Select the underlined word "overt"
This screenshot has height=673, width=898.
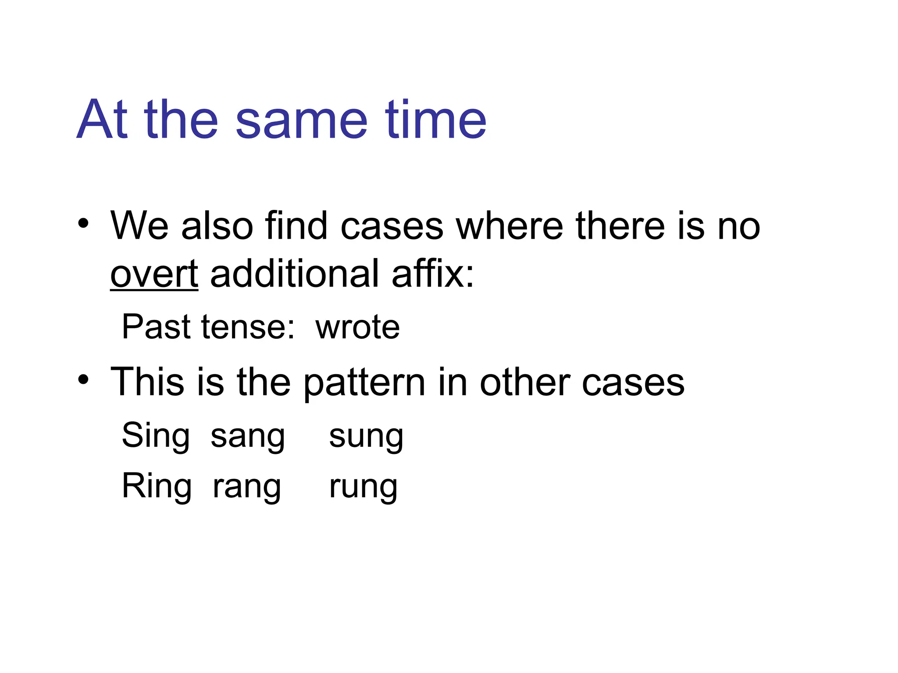154,274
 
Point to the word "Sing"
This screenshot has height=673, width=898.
156,436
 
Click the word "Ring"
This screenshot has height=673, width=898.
157,487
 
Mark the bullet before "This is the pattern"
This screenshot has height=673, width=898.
83,379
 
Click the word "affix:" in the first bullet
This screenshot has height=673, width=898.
433,274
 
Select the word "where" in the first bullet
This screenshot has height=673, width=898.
510,226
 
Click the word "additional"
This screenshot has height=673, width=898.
295,274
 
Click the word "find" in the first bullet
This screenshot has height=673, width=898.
296,226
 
